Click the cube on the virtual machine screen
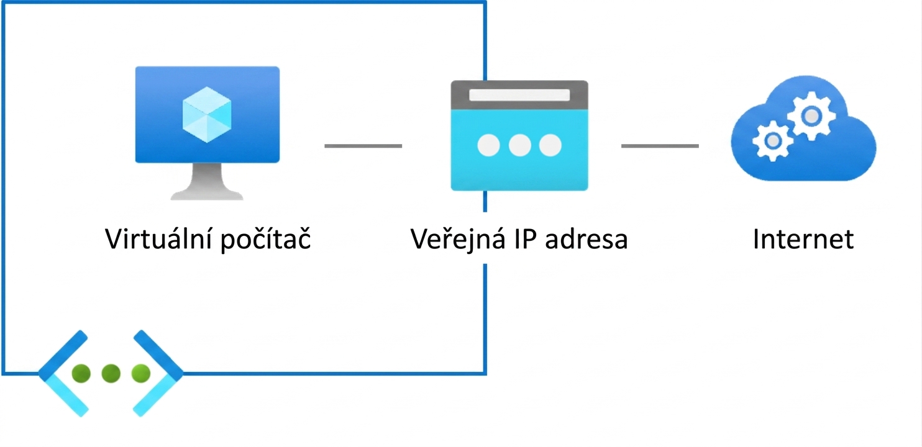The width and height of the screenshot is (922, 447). tap(207, 115)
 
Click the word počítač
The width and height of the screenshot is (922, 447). tap(265, 239)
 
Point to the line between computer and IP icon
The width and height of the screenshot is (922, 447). tap(363, 146)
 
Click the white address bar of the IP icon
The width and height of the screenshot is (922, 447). tap(519, 95)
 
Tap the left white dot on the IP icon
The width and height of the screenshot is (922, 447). tap(488, 145)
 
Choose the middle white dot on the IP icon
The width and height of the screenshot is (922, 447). tap(519, 145)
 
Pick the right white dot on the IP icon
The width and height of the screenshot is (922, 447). tap(550, 145)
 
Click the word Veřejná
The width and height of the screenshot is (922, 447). tap(458, 239)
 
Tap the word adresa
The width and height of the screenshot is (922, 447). tap(586, 239)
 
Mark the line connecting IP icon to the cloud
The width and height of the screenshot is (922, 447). tap(660, 146)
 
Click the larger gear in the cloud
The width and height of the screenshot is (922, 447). tap(811, 116)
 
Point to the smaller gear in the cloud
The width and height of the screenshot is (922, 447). tap(773, 141)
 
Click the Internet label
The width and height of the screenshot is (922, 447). tap(803, 239)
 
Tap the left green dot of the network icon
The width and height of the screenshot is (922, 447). tap(81, 373)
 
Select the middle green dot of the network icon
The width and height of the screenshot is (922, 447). tap(111, 373)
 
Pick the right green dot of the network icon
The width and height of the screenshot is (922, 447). tap(141, 373)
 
